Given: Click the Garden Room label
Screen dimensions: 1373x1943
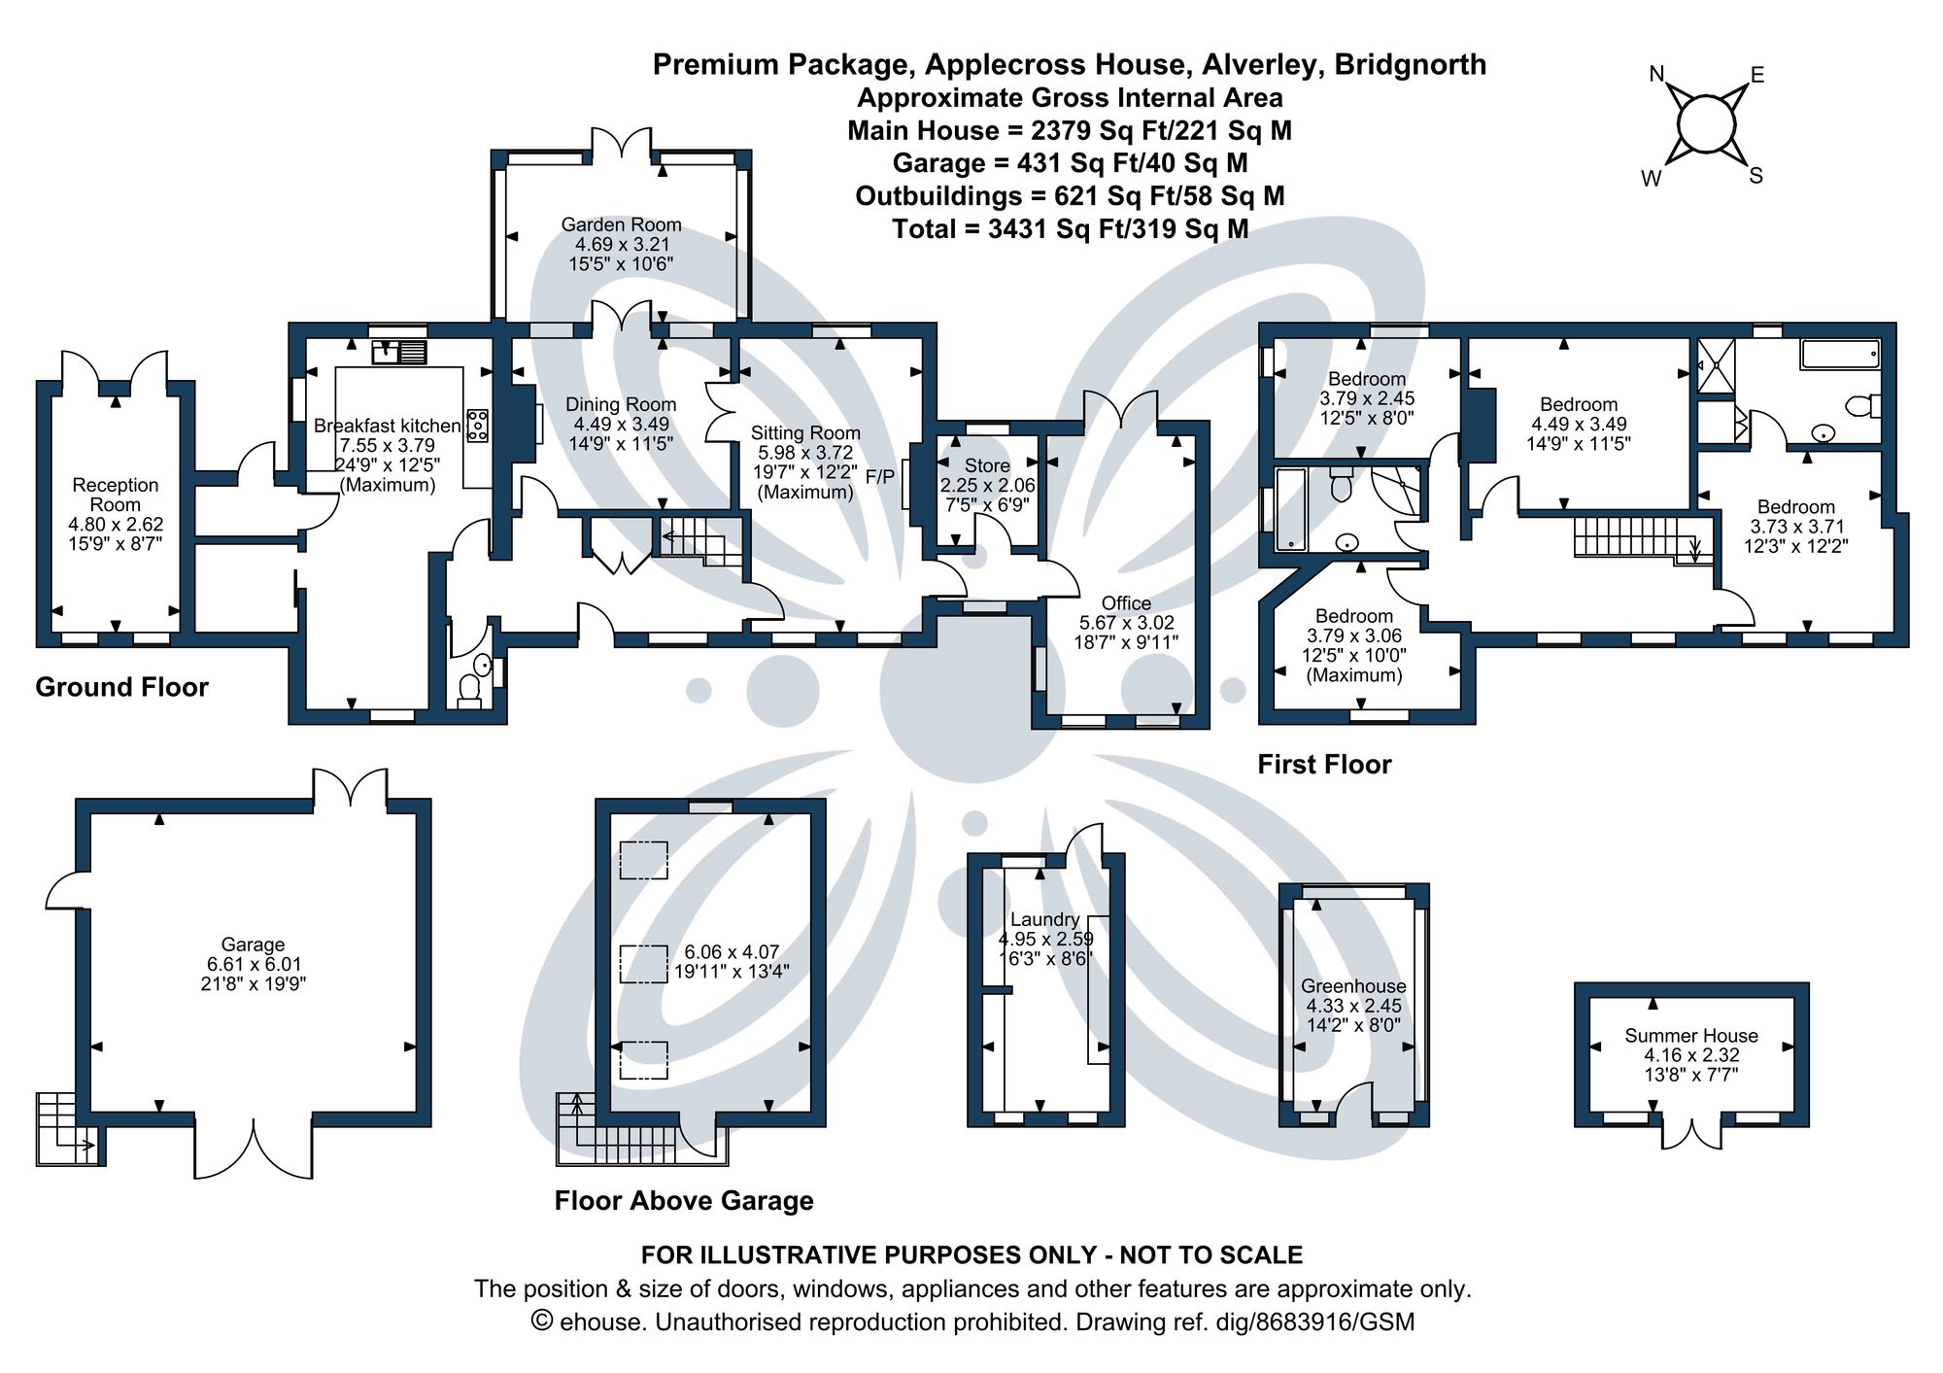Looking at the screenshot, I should (x=621, y=224).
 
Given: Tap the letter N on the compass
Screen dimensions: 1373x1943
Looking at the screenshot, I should (x=1657, y=74).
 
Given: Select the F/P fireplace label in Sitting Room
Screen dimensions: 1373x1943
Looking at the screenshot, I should (x=880, y=477).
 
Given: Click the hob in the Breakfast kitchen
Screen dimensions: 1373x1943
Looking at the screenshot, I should (x=478, y=425).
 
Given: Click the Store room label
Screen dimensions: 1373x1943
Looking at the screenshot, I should (x=987, y=465).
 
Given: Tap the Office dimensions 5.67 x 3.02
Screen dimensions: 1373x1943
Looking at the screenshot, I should (x=1126, y=623).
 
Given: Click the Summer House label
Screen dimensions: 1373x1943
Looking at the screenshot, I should (x=1690, y=1036).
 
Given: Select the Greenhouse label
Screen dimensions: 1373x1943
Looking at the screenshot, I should (x=1353, y=986).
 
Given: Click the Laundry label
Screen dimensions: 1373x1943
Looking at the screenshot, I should (x=1044, y=919).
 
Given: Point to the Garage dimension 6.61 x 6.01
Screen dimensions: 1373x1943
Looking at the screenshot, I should (x=254, y=964).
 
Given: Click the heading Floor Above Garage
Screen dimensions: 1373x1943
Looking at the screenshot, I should (x=684, y=1201).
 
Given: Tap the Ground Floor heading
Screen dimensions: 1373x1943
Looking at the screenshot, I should (x=121, y=688).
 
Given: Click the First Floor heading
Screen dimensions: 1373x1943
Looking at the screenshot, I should (x=1324, y=765).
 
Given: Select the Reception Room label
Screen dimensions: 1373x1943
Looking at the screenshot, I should (x=115, y=495).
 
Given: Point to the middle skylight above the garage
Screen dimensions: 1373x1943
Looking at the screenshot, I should (x=643, y=963).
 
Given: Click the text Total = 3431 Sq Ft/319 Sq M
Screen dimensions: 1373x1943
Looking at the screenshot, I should (x=1070, y=229).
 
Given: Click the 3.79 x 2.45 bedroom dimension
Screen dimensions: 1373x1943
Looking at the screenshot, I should (x=1367, y=398).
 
